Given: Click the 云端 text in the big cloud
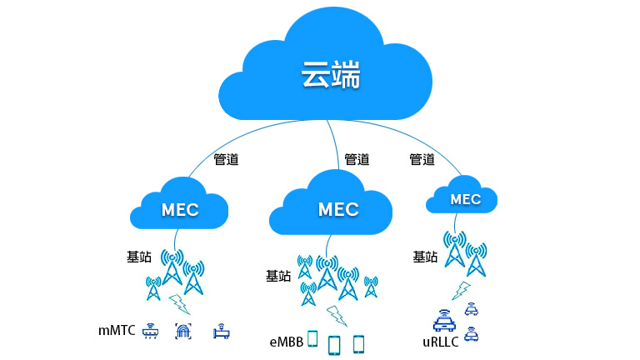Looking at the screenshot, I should pos(331,76).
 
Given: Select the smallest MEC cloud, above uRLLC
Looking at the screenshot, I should pos(463,199).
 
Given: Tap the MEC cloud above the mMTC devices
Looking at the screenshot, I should pos(181,209).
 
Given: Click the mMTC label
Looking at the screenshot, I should pos(117,331).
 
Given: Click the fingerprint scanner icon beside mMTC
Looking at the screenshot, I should pos(182,331).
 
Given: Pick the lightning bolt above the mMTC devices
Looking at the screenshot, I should pos(177,302).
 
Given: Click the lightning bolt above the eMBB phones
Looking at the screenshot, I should pos(336,314).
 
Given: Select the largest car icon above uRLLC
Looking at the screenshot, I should pos(444,319).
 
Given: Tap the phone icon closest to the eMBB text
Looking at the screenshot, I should pos(313,338).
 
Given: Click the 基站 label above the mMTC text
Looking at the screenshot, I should pos(138,257).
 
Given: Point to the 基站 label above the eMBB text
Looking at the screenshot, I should pos(278,276).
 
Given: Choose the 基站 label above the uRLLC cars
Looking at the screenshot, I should pos(425,257).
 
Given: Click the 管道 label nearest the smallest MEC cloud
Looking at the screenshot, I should pos(422,159).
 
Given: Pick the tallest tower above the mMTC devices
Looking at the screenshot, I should pos(172,267).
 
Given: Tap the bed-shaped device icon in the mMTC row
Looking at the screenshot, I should pos(220,332).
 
